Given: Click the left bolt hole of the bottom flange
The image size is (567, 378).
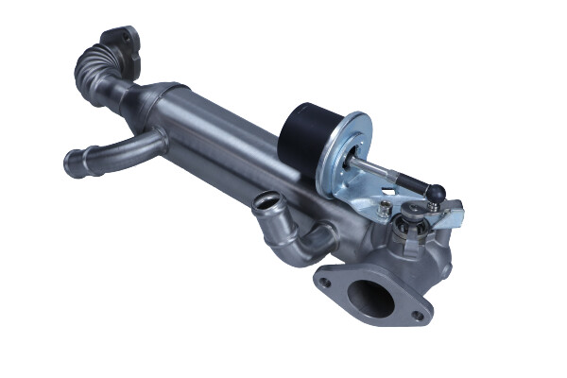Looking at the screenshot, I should [x=325, y=281].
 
